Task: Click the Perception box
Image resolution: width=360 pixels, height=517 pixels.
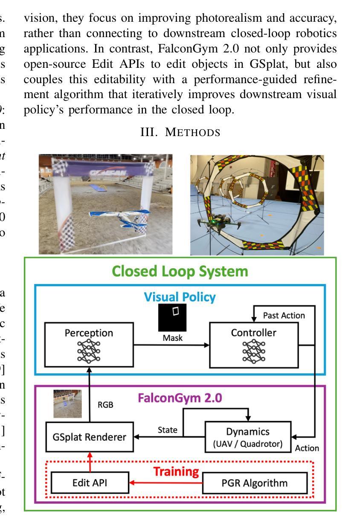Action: pyautogui.click(x=89, y=345)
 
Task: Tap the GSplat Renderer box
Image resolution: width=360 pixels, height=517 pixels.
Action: pyautogui.click(x=90, y=437)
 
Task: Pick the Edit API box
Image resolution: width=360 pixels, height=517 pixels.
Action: pyautogui.click(x=90, y=482)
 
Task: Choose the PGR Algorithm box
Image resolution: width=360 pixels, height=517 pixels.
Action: pyautogui.click(x=255, y=483)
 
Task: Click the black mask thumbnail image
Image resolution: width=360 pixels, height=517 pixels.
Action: pyautogui.click(x=173, y=317)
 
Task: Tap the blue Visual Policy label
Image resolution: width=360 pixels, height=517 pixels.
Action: pyautogui.click(x=179, y=297)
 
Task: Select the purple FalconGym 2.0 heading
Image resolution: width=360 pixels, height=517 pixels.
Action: pyautogui.click(x=180, y=398)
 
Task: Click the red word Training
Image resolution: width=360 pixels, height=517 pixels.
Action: pyautogui.click(x=176, y=471)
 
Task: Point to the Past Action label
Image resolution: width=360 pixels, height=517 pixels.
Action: pyautogui.click(x=284, y=316)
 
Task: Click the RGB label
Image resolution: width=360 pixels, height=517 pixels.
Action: pyautogui.click(x=106, y=405)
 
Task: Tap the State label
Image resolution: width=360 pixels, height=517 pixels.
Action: pyautogui.click(x=167, y=430)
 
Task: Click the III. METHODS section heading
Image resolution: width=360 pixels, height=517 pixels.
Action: pyautogui.click(x=180, y=133)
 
